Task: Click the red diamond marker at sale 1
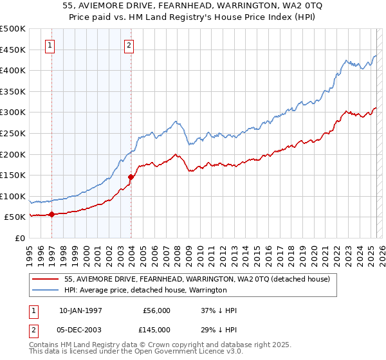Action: (51, 215)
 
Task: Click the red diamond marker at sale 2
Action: (131, 177)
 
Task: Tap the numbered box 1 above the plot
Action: (50, 45)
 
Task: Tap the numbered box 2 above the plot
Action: (129, 45)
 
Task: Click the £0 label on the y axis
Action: (20, 238)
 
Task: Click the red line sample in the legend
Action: (46, 279)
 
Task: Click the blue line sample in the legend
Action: (46, 290)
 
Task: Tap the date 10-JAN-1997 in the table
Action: (80, 310)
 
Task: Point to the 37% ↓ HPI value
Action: (219, 310)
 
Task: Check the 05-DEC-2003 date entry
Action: (80, 329)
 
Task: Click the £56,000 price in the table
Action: (156, 310)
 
